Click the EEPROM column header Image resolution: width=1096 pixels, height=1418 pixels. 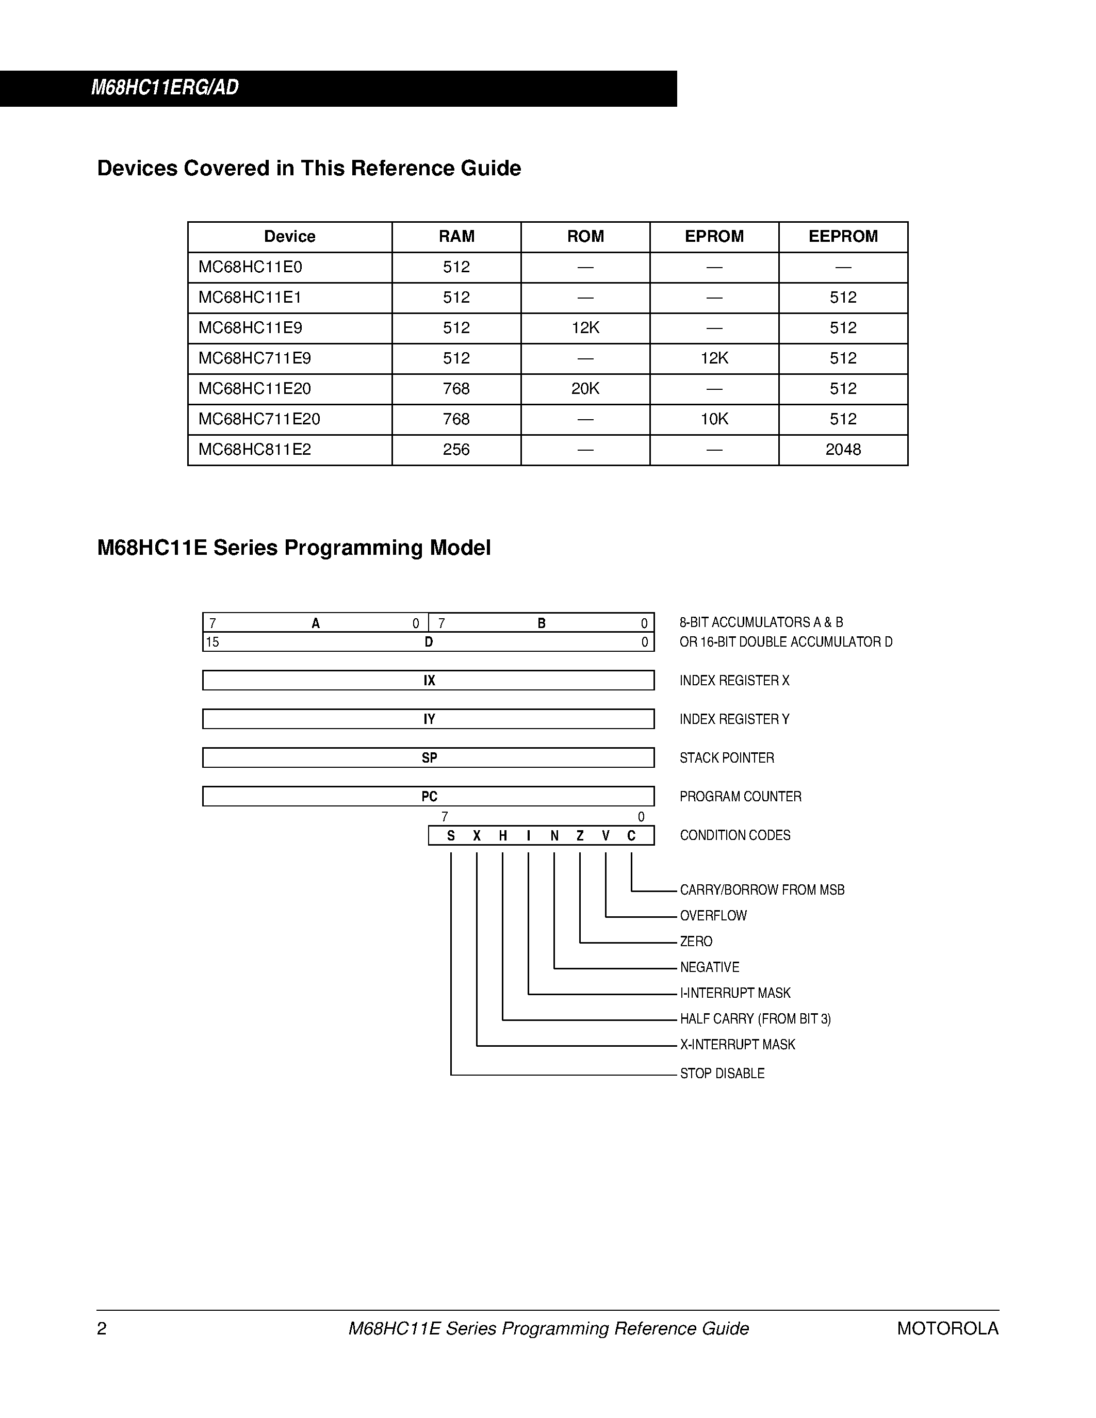843,236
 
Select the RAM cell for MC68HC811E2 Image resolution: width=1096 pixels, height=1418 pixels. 456,449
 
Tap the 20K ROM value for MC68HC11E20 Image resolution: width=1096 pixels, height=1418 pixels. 585,388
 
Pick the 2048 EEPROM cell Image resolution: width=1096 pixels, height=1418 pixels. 843,449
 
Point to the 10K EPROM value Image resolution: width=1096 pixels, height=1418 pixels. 714,419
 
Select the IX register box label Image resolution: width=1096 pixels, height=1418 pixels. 429,681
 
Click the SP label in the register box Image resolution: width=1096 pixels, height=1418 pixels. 429,757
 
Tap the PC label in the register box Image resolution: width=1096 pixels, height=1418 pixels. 429,797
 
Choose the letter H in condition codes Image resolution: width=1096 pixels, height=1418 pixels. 502,836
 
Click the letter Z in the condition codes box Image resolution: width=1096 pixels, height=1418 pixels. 580,836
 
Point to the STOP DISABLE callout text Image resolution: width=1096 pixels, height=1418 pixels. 722,1073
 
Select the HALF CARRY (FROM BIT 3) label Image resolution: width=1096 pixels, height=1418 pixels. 755,1019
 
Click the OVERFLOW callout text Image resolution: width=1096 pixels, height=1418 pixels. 713,915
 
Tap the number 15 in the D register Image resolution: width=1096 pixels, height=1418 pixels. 212,642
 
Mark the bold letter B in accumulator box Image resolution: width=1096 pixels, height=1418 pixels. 542,623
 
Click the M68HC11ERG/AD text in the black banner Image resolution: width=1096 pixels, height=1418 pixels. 165,88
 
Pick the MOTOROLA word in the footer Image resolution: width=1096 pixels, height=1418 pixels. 947,1328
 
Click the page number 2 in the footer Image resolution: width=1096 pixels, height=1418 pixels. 102,1328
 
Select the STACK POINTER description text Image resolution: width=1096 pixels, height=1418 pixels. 727,757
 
